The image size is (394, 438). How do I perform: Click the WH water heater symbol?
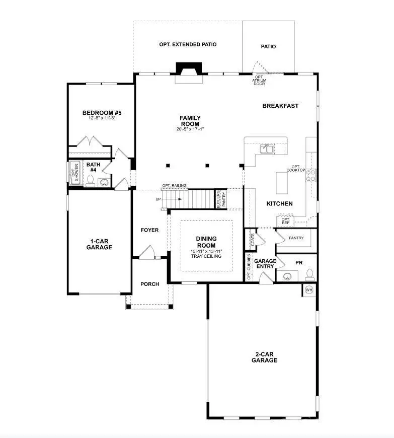[x=309, y=289]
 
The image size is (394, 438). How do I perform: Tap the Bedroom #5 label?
[x=102, y=113]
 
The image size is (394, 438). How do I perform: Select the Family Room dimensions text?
[x=190, y=129]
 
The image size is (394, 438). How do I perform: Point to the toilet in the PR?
[x=310, y=274]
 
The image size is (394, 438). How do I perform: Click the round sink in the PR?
[x=288, y=276]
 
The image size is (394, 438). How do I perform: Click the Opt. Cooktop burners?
[x=311, y=175]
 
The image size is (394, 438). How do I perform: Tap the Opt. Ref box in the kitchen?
[x=285, y=221]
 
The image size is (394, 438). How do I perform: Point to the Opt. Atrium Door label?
[x=260, y=80]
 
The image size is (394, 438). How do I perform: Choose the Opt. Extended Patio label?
[x=188, y=44]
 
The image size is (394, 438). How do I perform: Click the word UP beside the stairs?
[x=159, y=199]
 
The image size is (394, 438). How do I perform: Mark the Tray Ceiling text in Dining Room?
[x=206, y=256]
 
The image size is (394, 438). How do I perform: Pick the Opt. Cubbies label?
[x=249, y=267]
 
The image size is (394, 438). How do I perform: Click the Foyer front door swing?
[x=147, y=253]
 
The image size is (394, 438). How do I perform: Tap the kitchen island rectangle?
[x=281, y=183]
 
